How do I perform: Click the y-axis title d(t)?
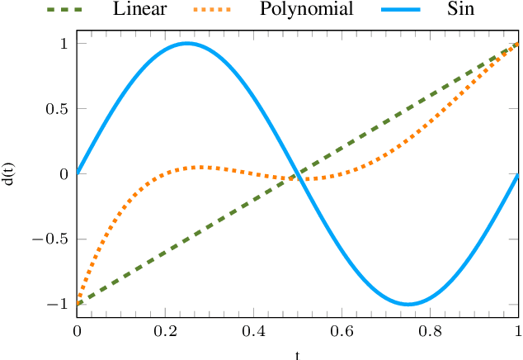click(9, 173)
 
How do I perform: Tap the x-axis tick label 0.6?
click(342, 332)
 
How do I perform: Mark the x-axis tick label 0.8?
click(430, 332)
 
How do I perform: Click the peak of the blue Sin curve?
click(187, 43)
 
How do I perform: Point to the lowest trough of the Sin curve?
click(408, 304)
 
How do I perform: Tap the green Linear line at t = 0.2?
click(165, 252)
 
